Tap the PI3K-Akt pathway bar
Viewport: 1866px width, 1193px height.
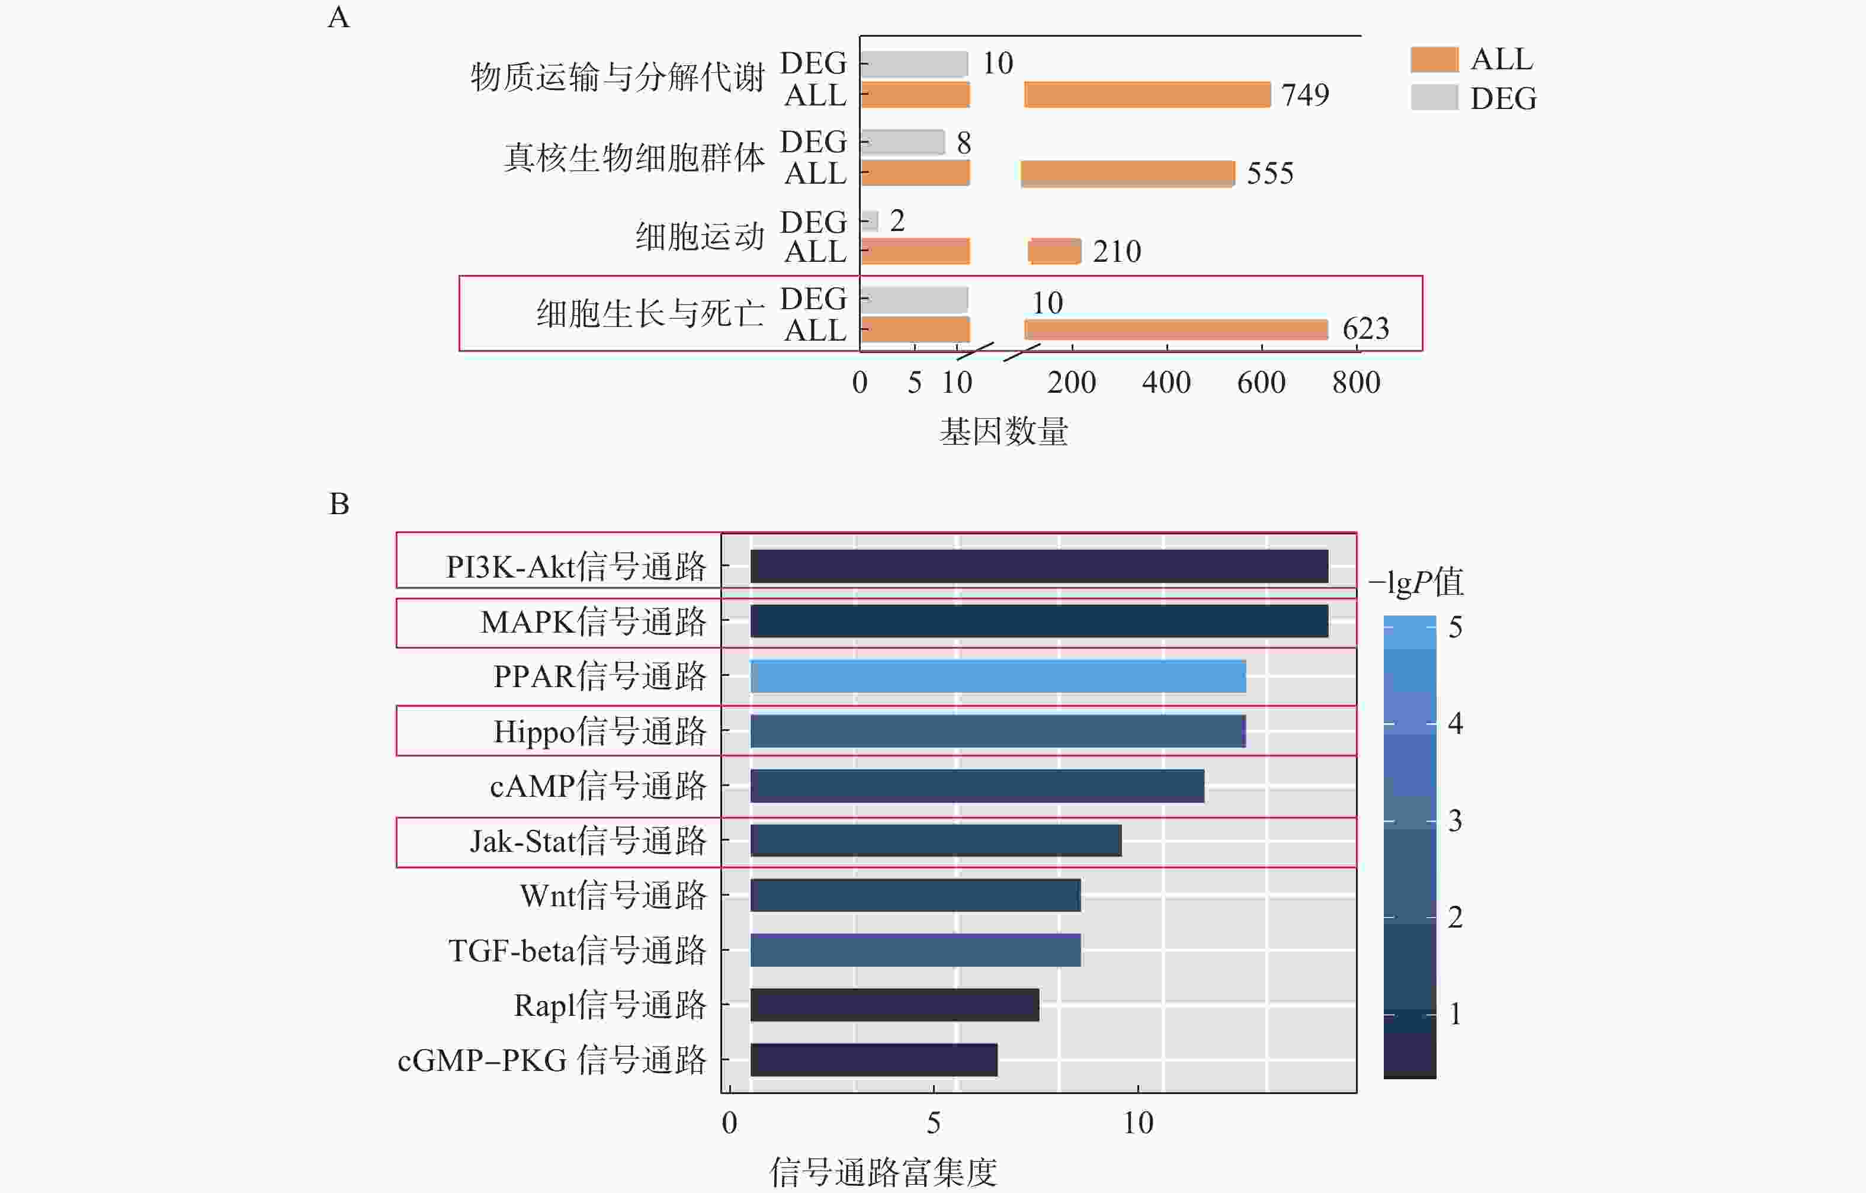(1039, 566)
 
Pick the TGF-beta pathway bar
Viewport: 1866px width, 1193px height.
(915, 950)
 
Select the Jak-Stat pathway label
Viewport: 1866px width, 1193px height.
(588, 841)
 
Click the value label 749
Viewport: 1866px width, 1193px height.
(1305, 95)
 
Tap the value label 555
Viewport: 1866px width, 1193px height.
(1270, 174)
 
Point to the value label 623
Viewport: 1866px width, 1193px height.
(1365, 329)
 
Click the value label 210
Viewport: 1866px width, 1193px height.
(1117, 252)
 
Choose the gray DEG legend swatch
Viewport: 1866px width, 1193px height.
(1434, 98)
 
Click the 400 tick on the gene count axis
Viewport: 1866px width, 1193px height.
(1166, 383)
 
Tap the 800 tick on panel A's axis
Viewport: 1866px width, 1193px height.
(1356, 383)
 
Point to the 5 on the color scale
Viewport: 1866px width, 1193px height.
(1455, 627)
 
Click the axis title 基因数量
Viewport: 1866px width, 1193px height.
(1003, 431)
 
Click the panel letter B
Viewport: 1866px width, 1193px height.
(339, 504)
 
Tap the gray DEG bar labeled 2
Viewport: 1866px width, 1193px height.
(870, 221)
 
